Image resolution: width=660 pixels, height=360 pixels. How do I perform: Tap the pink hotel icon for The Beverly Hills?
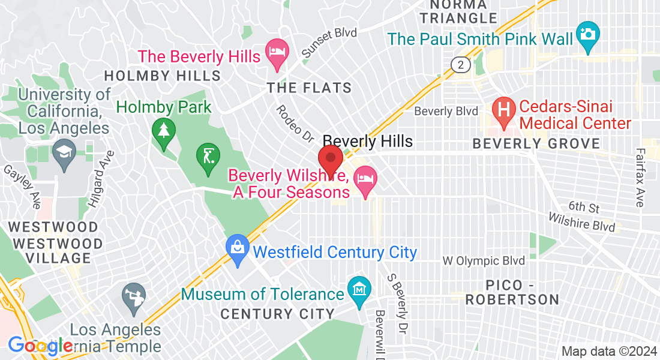277,49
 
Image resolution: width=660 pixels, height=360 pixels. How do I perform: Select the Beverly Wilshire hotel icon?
364,179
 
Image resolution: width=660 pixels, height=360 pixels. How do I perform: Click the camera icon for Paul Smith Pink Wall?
587,32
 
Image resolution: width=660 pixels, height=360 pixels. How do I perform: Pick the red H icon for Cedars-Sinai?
504,109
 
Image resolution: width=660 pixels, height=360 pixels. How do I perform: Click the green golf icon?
207,157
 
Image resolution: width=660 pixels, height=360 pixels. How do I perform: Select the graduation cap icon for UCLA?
63,150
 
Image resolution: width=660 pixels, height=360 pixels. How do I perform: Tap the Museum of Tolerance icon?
359,290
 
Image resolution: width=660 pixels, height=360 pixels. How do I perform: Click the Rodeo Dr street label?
295,124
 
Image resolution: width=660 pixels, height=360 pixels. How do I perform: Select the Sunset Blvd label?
329,43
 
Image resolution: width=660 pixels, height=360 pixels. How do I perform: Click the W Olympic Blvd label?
484,260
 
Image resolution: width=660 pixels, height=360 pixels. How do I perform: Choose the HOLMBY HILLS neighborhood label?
163,76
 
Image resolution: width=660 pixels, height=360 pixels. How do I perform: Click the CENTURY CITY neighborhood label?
277,314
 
